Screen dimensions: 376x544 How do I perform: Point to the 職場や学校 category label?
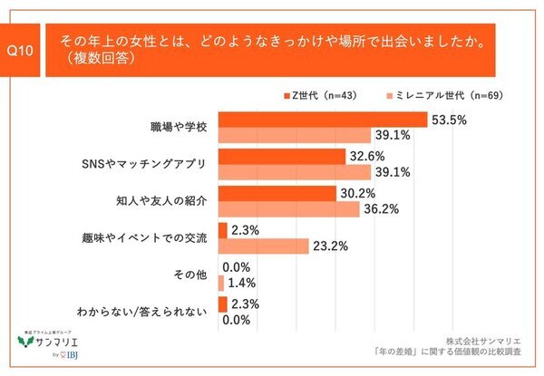[x=179, y=127]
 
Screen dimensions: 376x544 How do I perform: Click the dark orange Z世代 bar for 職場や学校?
[x=323, y=119]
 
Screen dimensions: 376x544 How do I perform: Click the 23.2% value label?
[x=330, y=246]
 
